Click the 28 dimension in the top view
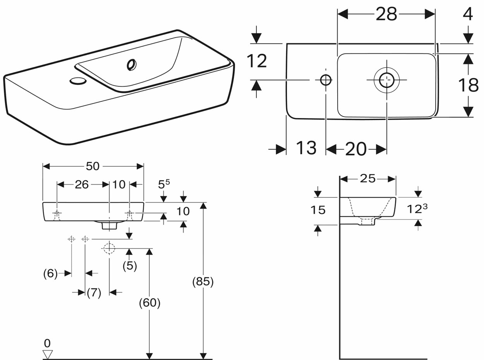pyautogui.click(x=386, y=15)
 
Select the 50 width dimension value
pyautogui.click(x=93, y=166)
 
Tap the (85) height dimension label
pyautogui.click(x=203, y=282)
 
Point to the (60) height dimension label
pyautogui.click(x=149, y=303)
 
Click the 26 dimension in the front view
pyautogui.click(x=82, y=185)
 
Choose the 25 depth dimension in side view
pyautogui.click(x=367, y=178)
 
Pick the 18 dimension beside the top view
pyautogui.click(x=468, y=86)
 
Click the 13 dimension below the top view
pyautogui.click(x=306, y=148)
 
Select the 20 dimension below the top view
pyautogui.click(x=355, y=149)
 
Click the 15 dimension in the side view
pyautogui.click(x=318, y=210)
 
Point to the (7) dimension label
pyautogui.click(x=94, y=293)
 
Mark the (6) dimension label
pyautogui.click(x=50, y=274)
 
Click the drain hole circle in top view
pyautogui.click(x=386, y=80)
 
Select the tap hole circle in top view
pyautogui.click(x=326, y=80)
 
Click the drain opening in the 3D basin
pyautogui.click(x=131, y=65)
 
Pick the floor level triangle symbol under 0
pyautogui.click(x=48, y=354)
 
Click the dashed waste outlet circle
pyautogui.click(x=109, y=248)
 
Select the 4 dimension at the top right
pyautogui.click(x=468, y=15)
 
